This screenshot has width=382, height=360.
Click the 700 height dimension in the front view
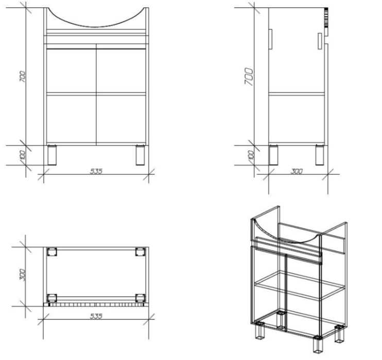pyautogui.click(x=23, y=77)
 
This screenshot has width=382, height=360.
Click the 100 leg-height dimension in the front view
pyautogui.click(x=23, y=155)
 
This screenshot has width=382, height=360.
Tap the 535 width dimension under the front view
pyautogui.click(x=96, y=171)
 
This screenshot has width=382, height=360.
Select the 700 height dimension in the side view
pyautogui.click(x=249, y=77)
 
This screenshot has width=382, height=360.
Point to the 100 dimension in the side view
pyautogui.click(x=251, y=155)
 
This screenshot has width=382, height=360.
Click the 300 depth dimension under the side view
pyautogui.click(x=297, y=171)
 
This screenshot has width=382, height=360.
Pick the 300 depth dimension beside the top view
pyautogui.click(x=23, y=275)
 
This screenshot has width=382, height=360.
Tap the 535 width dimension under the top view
pyautogui.click(x=96, y=316)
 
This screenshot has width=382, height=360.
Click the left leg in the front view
pyautogui.click(x=52, y=155)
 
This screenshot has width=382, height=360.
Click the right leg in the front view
pyautogui.click(x=140, y=155)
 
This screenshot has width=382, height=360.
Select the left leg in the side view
pyautogui.click(x=273, y=155)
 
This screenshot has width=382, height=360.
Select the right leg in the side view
pyautogui.click(x=320, y=155)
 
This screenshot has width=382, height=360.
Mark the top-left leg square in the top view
pyautogui.click(x=52, y=252)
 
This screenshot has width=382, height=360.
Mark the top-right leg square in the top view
pyautogui.click(x=141, y=252)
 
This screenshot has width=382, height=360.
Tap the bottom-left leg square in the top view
pyautogui.click(x=52, y=298)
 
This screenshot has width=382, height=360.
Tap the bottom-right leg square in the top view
pyautogui.click(x=141, y=298)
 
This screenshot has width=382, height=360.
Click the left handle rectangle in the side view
pyautogui.click(x=270, y=40)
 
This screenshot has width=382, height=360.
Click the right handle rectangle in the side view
pyautogui.click(x=320, y=41)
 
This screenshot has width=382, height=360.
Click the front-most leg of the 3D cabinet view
pyautogui.click(x=318, y=345)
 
